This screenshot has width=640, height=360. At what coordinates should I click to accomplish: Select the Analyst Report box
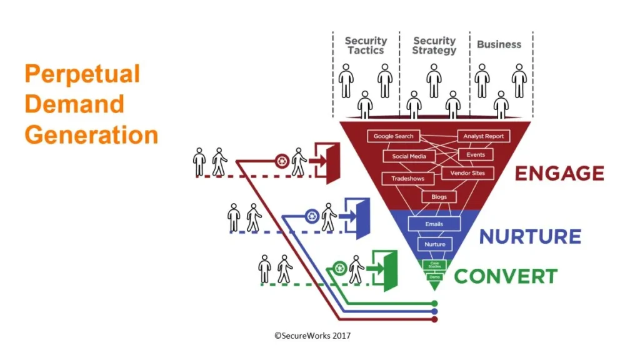[483, 136]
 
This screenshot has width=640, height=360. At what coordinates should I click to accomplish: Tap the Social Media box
[409, 156]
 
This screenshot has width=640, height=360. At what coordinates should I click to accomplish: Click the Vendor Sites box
[467, 172]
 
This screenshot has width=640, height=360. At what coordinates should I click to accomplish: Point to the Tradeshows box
[407, 179]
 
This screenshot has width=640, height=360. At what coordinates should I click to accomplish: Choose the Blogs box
[439, 197]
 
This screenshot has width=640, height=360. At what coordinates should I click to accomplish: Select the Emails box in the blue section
[434, 223]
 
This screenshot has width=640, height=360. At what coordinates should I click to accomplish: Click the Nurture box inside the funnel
[434, 244]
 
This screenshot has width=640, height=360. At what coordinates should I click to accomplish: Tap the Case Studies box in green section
[434, 266]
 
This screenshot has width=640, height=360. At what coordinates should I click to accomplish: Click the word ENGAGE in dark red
[559, 173]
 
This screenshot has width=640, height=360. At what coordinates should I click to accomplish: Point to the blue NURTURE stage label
[530, 237]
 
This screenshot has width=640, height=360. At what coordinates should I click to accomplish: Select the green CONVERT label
[506, 276]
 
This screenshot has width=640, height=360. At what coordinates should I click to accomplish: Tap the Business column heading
[499, 44]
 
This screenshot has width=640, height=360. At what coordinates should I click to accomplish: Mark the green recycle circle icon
[339, 267]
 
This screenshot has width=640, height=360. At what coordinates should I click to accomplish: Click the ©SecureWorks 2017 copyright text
[312, 336]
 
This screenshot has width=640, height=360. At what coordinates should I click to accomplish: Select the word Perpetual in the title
[82, 74]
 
